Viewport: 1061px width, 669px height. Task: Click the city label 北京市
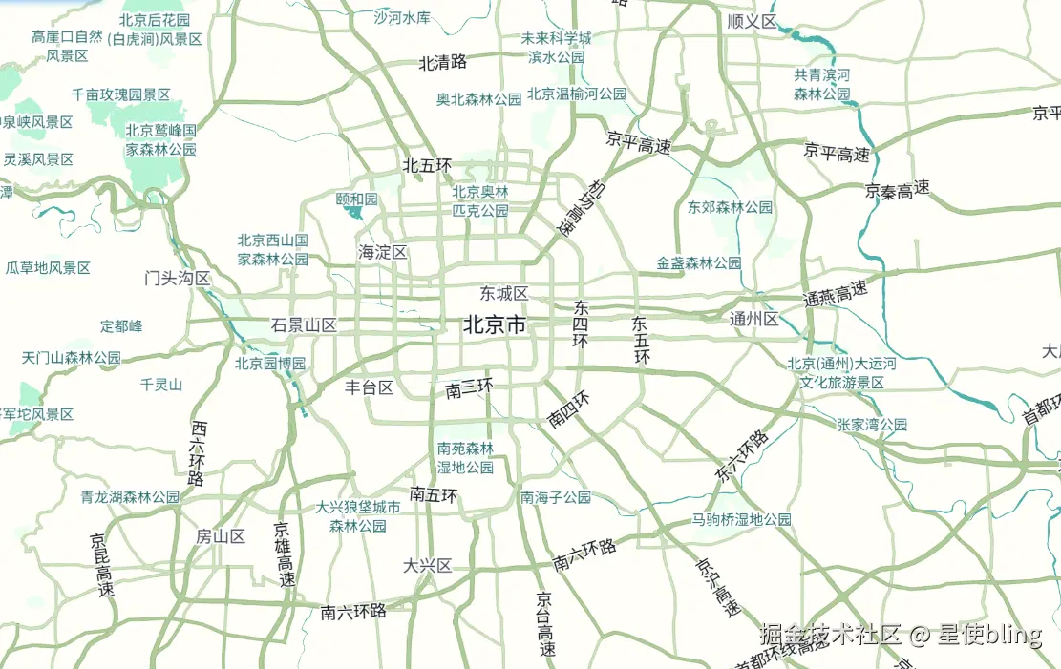click(495, 325)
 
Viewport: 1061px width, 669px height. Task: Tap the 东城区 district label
click(504, 293)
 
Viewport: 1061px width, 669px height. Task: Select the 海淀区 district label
click(383, 253)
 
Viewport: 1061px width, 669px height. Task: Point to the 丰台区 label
click(370, 387)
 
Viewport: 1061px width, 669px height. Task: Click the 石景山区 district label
click(304, 325)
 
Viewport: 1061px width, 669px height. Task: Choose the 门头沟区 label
click(177, 278)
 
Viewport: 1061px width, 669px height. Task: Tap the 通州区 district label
click(754, 319)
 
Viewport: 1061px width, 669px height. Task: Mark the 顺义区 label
click(752, 21)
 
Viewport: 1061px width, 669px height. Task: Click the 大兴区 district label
click(427, 566)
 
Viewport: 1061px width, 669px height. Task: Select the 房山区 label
click(221, 536)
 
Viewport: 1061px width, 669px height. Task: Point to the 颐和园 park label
click(357, 199)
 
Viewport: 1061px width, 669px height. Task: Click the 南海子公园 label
click(556, 497)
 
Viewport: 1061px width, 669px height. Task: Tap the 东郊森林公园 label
click(730, 207)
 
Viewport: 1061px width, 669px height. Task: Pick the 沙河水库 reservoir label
click(402, 17)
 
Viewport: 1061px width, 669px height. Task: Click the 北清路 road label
click(443, 63)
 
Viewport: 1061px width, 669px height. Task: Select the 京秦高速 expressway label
click(898, 190)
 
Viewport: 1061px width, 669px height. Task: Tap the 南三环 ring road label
click(469, 388)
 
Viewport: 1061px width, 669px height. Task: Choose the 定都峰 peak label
click(121, 326)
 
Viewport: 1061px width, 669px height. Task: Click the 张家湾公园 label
click(871, 425)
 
